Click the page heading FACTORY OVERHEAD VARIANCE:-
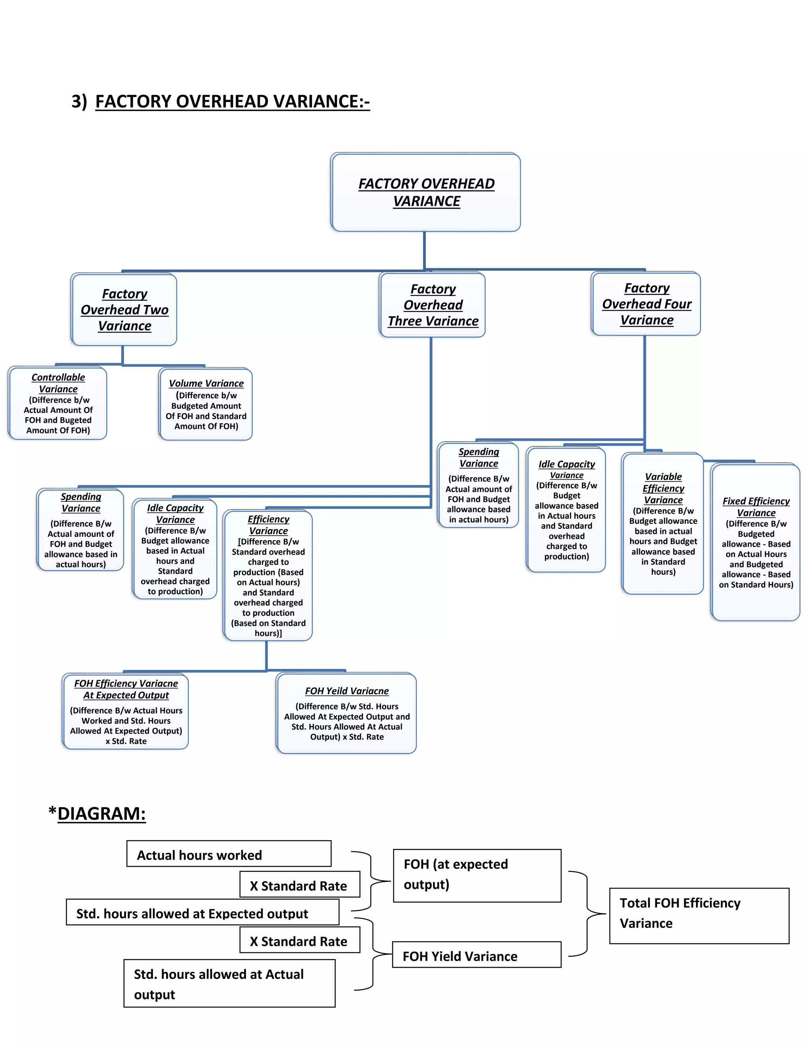[x=232, y=101]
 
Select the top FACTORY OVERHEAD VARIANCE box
[x=425, y=193]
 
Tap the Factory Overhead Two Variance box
[x=124, y=310]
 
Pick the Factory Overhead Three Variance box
[x=432, y=305]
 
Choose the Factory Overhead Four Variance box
[x=646, y=304]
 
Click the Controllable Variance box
[x=58, y=403]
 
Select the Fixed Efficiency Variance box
[x=755, y=542]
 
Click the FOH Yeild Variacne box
[x=346, y=713]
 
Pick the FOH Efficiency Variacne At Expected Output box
[x=126, y=712]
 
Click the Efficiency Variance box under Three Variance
[x=268, y=575]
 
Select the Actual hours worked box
[x=229, y=854]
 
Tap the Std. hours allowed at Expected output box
[x=202, y=912]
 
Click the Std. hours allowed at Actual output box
[x=229, y=983]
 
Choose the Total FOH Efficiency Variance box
[x=699, y=916]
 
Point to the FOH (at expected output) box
[x=477, y=875]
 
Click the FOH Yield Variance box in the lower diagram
[x=476, y=955]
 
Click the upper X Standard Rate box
[x=299, y=885]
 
